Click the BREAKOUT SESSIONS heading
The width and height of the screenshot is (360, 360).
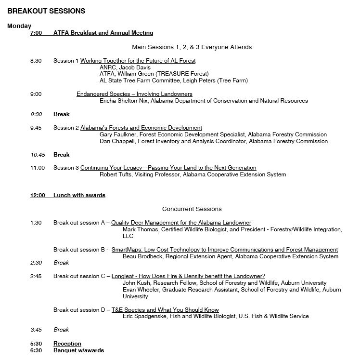(x=46, y=11)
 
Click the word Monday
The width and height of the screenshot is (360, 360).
(x=19, y=26)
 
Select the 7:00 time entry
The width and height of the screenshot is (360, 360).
(x=36, y=33)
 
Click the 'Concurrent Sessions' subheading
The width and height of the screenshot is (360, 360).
(x=192, y=209)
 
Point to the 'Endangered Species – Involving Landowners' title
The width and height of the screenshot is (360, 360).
(x=134, y=94)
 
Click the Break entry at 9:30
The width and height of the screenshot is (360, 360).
(x=61, y=114)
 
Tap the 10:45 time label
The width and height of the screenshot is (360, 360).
(x=37, y=155)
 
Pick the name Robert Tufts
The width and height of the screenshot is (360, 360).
(x=116, y=174)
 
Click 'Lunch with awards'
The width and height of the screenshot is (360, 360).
(x=79, y=195)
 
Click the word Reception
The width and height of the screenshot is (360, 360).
(x=67, y=344)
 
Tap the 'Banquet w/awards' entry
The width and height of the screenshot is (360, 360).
(x=78, y=350)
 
